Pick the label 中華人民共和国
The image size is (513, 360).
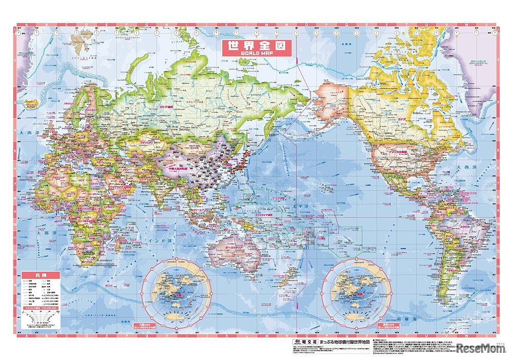(176, 168)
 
